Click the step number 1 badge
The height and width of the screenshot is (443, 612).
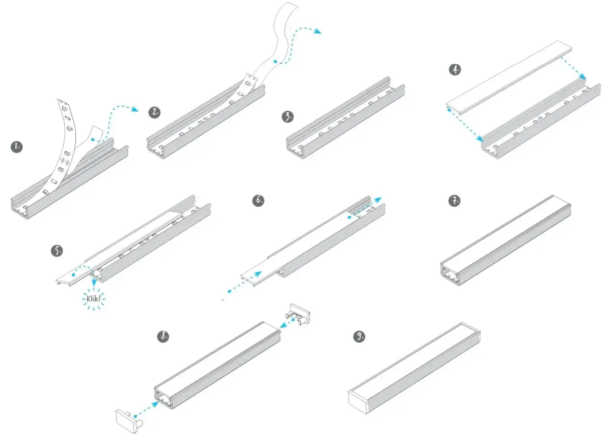click(17, 147)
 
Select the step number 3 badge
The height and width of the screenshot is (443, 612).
click(288, 117)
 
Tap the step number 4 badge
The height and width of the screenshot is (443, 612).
click(455, 70)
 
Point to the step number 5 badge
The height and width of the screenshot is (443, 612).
click(57, 250)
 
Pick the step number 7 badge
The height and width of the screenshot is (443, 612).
click(454, 200)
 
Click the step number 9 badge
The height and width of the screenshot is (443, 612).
click(359, 337)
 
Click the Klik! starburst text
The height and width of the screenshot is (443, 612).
click(94, 299)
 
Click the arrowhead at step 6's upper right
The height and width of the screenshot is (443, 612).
click(379, 199)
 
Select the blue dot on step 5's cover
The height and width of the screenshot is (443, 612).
click(73, 274)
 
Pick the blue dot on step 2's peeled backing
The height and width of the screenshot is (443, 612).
click(275, 62)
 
